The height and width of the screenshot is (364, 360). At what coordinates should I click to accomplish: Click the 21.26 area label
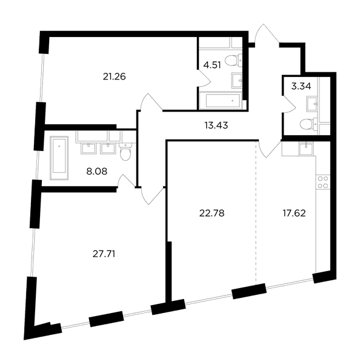[114, 76]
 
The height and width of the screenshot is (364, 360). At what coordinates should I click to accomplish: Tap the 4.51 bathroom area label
[212, 66]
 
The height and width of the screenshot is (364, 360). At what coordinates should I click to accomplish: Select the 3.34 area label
[301, 86]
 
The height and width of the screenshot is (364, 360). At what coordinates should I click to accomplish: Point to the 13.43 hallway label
[216, 126]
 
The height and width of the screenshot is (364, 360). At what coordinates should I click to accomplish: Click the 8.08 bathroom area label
[97, 172]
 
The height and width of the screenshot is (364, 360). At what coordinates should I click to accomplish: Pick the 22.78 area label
[212, 213]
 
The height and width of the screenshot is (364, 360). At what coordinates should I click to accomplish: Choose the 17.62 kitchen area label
[294, 213]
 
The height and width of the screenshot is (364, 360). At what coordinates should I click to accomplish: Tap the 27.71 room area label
[104, 254]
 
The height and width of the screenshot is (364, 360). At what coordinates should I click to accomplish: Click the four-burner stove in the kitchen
[323, 182]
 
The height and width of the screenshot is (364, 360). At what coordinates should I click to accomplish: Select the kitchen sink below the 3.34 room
[306, 149]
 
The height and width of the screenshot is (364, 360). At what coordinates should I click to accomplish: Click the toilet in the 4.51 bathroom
[233, 60]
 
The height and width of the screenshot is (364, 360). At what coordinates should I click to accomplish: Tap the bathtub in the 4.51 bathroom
[221, 100]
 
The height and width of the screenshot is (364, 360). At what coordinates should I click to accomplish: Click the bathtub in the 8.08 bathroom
[59, 158]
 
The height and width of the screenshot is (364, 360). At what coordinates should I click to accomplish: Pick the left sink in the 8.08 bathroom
[88, 149]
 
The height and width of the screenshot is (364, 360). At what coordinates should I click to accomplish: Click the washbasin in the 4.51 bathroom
[237, 81]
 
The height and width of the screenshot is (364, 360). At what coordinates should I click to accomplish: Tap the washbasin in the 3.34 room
[312, 104]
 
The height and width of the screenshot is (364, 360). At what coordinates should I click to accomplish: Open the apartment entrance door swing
[267, 35]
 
